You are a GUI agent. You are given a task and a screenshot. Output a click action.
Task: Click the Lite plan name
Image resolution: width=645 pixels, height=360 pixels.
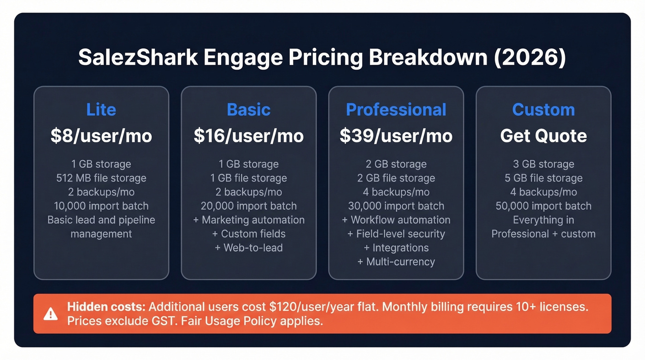[101, 110]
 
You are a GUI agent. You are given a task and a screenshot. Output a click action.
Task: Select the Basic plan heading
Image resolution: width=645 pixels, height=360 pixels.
[248, 110]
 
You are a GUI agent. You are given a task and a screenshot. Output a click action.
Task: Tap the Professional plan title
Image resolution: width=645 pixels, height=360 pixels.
[396, 110]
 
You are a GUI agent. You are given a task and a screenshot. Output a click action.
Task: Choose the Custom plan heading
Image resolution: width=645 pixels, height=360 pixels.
[543, 110]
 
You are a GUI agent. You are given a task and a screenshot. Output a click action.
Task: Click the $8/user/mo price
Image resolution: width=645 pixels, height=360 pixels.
[101, 136]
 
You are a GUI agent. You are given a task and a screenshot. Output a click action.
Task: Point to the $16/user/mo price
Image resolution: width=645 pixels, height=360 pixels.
[248, 136]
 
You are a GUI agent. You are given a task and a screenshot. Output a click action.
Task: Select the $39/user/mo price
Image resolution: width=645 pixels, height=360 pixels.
[396, 136]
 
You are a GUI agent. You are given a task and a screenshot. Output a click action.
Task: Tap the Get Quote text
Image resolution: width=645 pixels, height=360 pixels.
[543, 136]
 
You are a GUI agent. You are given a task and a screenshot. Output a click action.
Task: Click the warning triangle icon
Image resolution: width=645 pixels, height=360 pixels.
[50, 314]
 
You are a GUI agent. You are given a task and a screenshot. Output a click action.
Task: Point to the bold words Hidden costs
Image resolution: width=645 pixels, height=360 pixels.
[106, 307]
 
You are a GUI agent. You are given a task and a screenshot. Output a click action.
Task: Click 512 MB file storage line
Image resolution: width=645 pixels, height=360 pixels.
[101, 178]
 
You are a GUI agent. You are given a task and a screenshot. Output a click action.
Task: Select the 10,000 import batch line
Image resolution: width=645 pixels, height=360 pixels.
[101, 206]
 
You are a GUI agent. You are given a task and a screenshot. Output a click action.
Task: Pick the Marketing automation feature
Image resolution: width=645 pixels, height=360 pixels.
[248, 220]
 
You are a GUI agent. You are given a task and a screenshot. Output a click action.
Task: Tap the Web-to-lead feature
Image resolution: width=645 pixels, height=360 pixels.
[248, 248]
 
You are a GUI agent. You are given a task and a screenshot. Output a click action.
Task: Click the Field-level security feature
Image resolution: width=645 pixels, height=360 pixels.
[396, 234]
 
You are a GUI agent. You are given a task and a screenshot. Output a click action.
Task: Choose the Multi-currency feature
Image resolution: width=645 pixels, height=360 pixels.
[396, 261]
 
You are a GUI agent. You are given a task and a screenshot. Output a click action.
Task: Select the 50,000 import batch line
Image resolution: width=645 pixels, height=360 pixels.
[543, 206]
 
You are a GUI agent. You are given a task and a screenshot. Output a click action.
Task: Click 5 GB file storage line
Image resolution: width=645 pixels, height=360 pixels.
[543, 178]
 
